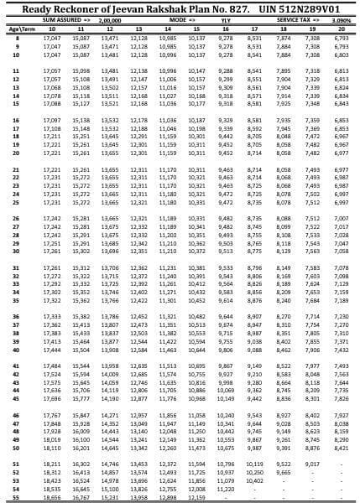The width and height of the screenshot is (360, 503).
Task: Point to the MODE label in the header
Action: pos(177,18)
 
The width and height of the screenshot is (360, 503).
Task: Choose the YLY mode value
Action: pos(225,18)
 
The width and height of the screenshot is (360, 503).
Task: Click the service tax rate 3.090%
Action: pos(341,18)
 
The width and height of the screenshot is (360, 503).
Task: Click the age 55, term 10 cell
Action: pos(52,497)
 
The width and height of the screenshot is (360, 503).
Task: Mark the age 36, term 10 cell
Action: pos(52,316)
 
